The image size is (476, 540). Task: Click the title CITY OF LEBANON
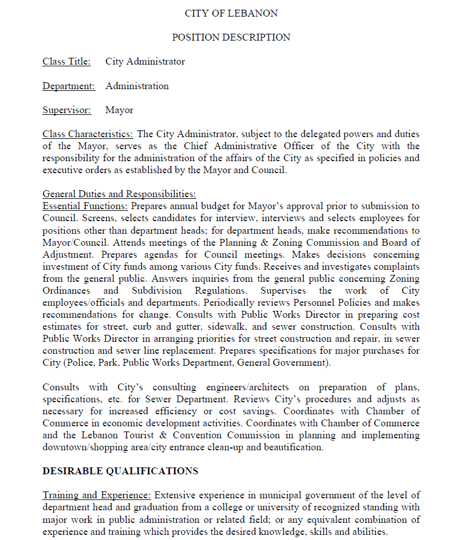[x=231, y=13]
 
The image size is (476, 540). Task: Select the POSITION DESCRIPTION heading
[x=231, y=38]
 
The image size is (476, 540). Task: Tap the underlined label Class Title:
[x=66, y=62]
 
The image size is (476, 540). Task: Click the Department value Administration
[x=137, y=86]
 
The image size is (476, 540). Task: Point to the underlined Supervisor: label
[x=66, y=110]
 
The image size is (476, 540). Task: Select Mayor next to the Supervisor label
[x=119, y=110]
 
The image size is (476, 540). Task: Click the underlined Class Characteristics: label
[x=88, y=134]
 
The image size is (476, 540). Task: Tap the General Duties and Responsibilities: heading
[x=119, y=194]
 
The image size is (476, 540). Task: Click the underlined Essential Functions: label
[x=85, y=206]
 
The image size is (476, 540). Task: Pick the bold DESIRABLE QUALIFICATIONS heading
[x=120, y=471]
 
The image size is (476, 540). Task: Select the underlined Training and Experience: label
[x=97, y=495]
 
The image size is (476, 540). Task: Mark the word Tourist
[x=135, y=435]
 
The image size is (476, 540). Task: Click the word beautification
[x=293, y=447]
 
